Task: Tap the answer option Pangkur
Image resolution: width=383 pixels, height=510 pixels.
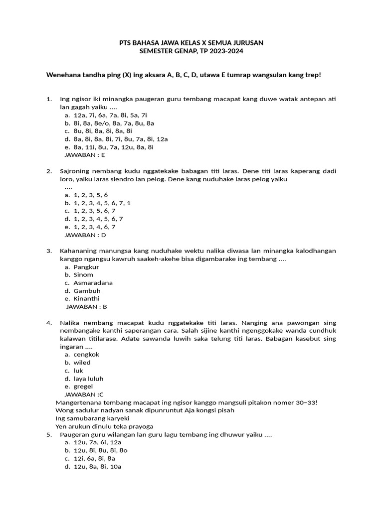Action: [x=86, y=267]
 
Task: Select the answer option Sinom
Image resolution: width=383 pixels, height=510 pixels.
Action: [x=83, y=275]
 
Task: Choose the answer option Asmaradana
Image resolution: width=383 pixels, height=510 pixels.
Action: [x=93, y=283]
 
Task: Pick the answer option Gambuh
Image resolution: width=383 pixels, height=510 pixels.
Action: [x=87, y=291]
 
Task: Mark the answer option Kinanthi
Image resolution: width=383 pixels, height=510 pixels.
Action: [x=86, y=299]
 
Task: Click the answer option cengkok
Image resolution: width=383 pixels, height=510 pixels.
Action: [x=86, y=355]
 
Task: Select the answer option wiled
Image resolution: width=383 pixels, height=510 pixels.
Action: [x=82, y=363]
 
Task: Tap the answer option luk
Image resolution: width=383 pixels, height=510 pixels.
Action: [x=78, y=371]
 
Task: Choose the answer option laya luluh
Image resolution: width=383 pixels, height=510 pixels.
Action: [x=88, y=379]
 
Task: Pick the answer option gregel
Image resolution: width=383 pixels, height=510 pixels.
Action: [x=83, y=386]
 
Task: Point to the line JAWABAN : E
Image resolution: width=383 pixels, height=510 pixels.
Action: [x=85, y=155]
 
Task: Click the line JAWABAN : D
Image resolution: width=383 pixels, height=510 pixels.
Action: [x=85, y=235]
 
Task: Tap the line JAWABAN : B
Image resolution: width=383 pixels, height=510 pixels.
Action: [x=87, y=307]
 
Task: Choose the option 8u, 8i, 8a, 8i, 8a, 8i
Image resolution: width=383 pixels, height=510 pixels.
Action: [x=103, y=131]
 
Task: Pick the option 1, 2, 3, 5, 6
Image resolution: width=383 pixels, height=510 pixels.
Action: [x=90, y=195]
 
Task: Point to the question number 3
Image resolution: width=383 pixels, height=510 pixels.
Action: [x=49, y=251]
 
